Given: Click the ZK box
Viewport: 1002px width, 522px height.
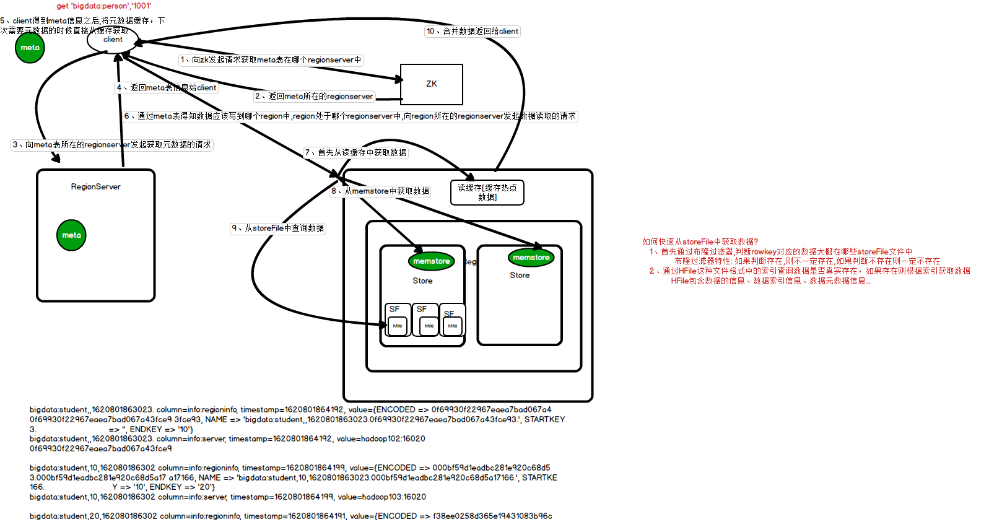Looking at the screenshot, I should [431, 84].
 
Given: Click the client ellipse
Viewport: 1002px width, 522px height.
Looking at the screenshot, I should [113, 40].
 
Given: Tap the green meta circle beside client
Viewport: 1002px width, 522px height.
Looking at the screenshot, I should [30, 48].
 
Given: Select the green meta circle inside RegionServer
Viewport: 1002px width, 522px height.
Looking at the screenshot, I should [71, 235].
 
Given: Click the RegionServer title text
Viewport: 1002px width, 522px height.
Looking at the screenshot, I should [95, 186].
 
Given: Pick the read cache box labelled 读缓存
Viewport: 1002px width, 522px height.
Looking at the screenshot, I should [487, 192].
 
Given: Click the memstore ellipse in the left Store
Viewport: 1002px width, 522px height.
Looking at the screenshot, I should [432, 261].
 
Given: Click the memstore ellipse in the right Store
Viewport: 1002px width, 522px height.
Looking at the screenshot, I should [531, 258].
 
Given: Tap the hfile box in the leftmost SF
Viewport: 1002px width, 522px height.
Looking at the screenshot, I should [397, 326].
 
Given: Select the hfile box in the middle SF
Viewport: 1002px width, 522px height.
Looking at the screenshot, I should [429, 326].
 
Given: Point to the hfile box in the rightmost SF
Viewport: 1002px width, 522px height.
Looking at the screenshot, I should [453, 326].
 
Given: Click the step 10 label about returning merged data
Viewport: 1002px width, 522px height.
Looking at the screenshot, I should [472, 31].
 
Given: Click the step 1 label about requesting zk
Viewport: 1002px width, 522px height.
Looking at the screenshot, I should [271, 59].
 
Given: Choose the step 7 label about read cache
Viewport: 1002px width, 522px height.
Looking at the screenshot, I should [355, 152].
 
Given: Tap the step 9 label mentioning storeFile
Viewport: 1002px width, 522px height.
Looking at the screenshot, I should [278, 228].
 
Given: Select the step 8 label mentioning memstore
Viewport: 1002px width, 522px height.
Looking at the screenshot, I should [380, 191].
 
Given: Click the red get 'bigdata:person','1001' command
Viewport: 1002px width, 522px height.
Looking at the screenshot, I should [103, 6].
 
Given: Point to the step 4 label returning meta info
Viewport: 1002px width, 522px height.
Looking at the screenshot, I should [167, 87].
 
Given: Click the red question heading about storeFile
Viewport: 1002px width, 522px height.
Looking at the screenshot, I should [700, 241].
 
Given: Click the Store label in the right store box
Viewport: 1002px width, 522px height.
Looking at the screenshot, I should [520, 275].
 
